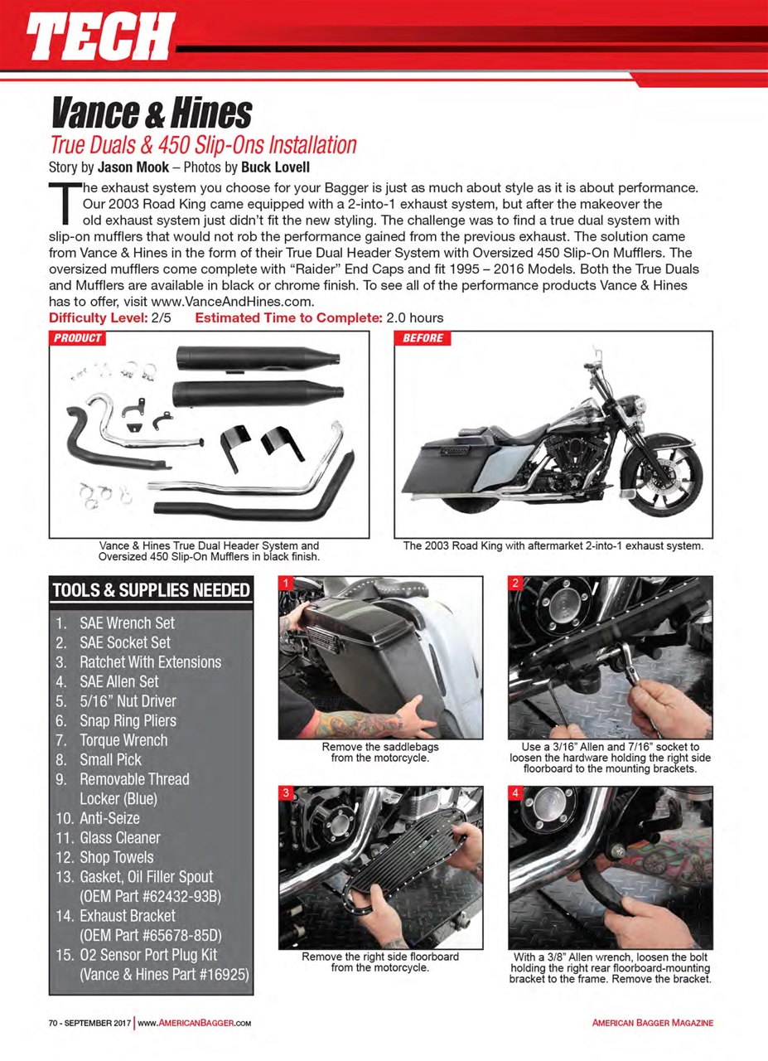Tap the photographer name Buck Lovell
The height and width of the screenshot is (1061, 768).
(276, 166)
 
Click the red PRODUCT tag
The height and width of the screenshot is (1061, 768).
(78, 338)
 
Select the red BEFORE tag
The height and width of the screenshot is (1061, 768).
(423, 338)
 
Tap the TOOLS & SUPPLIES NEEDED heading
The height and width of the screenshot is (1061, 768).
(151, 590)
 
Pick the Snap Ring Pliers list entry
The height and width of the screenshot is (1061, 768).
(128, 720)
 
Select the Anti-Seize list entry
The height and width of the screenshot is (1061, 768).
(109, 818)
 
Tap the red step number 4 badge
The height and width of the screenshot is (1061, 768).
(515, 793)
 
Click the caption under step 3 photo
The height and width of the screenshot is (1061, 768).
(380, 962)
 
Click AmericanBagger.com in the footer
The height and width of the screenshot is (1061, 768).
(194, 1023)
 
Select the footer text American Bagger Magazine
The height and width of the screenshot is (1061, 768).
(652, 1023)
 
